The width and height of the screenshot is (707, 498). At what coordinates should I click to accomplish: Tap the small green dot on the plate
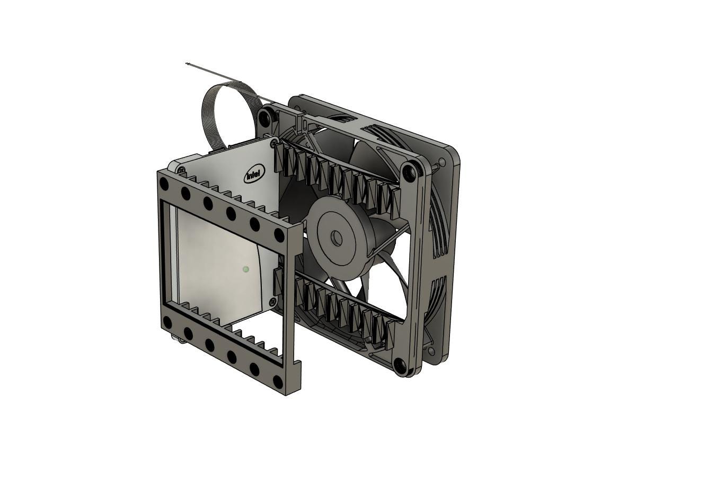click(245, 269)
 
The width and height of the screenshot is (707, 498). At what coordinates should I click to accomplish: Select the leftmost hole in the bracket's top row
click(164, 183)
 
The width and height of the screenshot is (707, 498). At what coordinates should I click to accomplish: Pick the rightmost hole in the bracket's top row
click(279, 235)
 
